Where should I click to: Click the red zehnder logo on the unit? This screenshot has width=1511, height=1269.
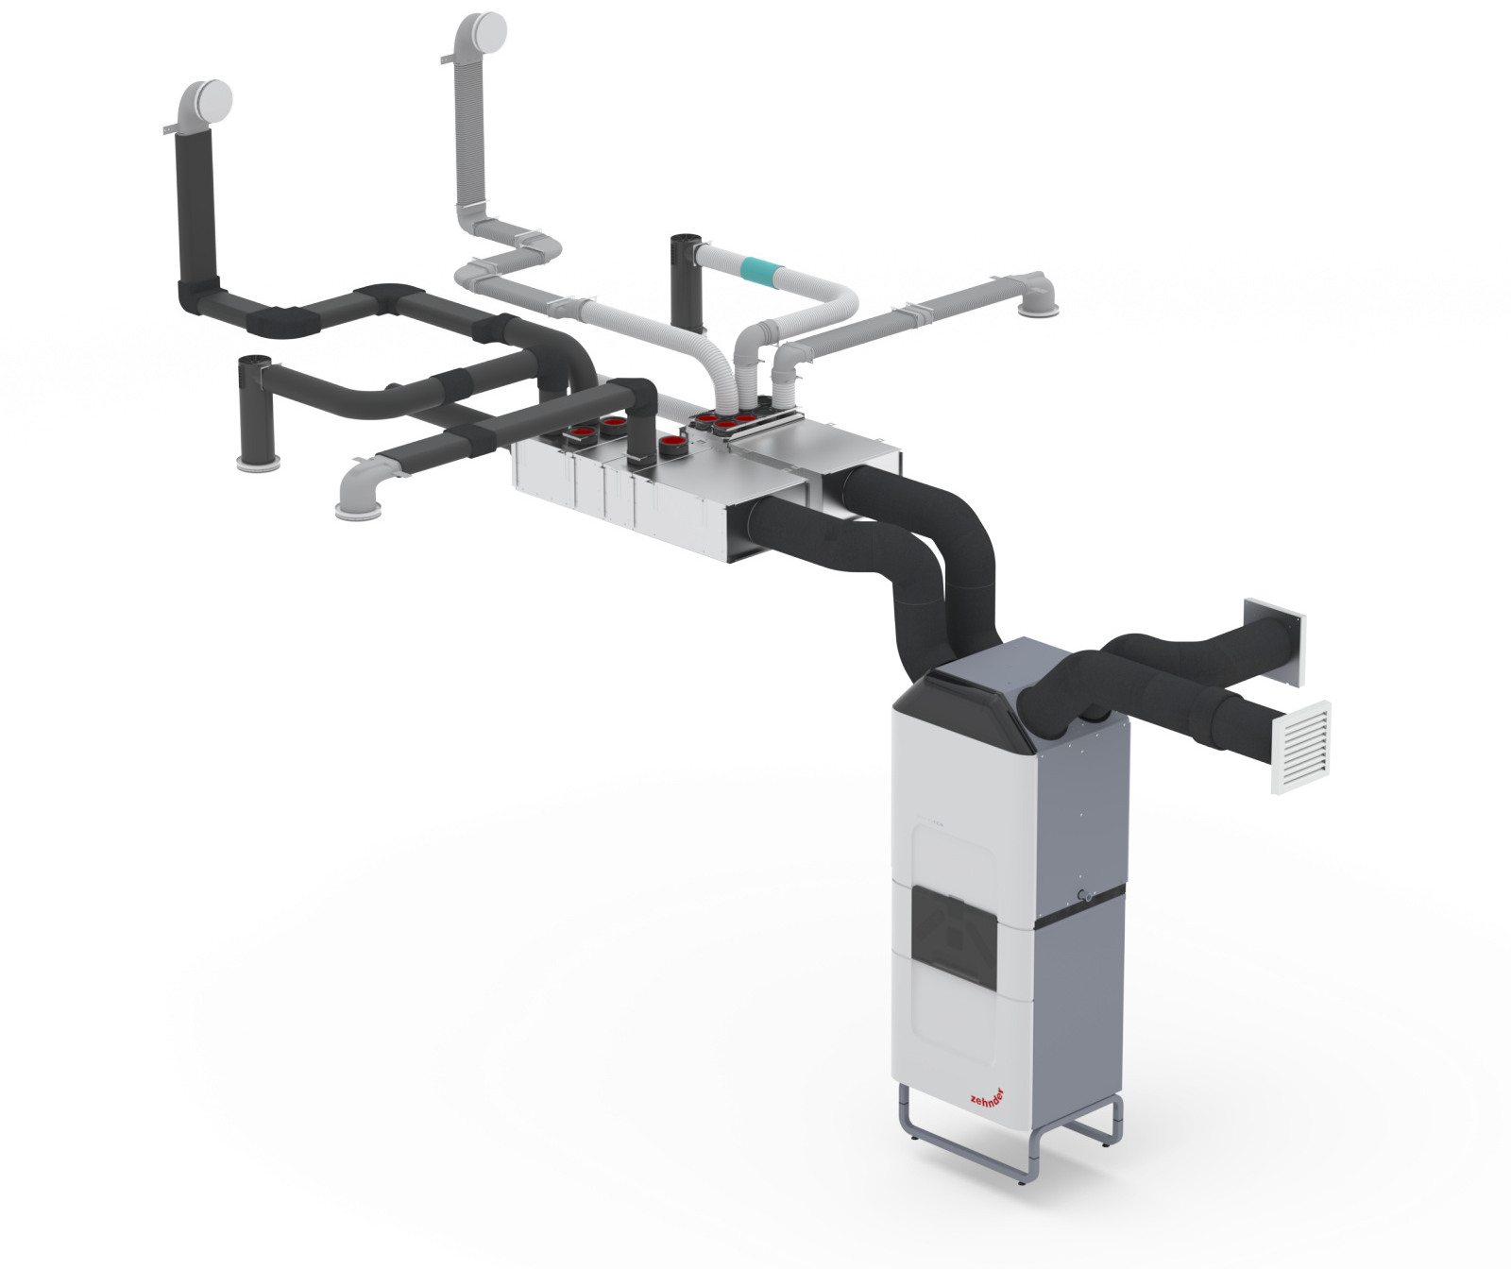[986, 1099]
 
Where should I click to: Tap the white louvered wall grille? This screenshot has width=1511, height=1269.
[1301, 747]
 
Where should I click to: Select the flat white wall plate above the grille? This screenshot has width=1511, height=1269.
[1275, 642]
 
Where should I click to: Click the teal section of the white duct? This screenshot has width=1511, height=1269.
[758, 272]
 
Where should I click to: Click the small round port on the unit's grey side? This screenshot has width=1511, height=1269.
[1083, 893]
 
